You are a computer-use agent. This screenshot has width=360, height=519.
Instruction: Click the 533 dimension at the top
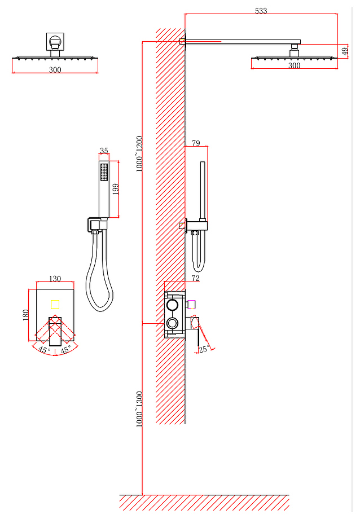[261, 11]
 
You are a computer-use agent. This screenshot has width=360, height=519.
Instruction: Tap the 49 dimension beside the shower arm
[345, 51]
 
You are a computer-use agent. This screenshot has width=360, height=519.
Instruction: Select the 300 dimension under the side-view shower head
[294, 65]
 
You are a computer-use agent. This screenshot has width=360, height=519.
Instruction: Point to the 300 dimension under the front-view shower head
[55, 69]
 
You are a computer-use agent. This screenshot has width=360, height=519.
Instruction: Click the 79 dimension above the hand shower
[196, 143]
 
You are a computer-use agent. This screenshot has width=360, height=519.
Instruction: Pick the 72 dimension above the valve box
[195, 278]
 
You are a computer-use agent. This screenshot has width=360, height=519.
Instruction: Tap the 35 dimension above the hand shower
[104, 151]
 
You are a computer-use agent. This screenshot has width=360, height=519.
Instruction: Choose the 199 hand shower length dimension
[116, 190]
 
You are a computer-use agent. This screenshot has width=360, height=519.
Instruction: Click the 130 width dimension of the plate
[55, 279]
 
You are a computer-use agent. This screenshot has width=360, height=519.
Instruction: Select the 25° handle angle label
[204, 349]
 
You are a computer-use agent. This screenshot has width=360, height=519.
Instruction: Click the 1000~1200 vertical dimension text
[139, 154]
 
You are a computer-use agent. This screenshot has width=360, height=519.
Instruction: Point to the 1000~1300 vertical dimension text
[139, 409]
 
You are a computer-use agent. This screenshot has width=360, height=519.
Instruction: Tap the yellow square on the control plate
[55, 304]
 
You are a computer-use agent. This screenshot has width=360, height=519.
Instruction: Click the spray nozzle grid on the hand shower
[104, 172]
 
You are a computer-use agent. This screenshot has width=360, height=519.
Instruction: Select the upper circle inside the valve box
[172, 305]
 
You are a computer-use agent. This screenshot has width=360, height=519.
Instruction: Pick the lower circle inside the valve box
[172, 322]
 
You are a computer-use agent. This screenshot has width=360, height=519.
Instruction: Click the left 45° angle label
[44, 350]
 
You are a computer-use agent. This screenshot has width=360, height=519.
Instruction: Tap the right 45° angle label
[65, 350]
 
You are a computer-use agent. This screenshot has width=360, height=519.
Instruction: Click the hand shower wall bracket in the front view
[98, 225]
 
